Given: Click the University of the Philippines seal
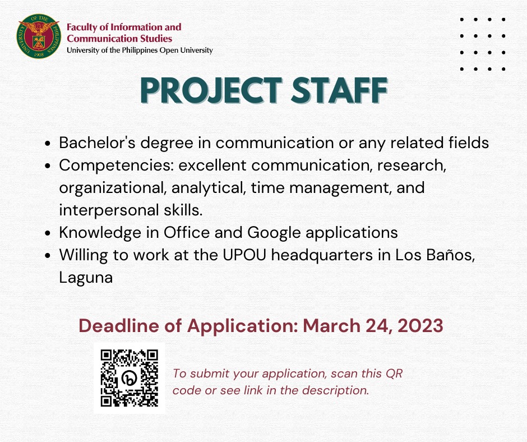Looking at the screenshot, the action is [39, 36].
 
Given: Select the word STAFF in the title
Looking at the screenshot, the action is [339, 90].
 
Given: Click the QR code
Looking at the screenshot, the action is [130, 378].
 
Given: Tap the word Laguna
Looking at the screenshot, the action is [86, 278].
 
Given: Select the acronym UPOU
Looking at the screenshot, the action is [244, 255].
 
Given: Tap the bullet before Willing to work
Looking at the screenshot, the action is [48, 255].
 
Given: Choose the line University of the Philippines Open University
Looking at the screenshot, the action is [140, 50].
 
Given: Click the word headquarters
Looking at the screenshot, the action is [322, 256].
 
